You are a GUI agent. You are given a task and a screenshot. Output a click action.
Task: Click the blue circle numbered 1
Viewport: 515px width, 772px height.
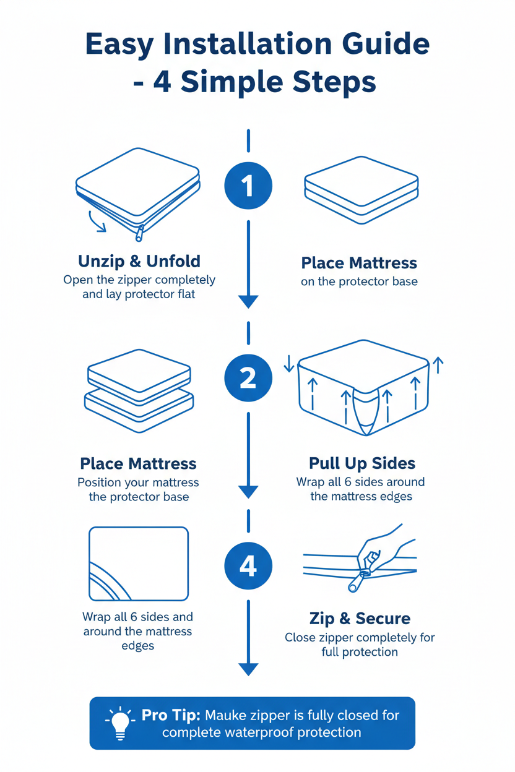[x=248, y=185]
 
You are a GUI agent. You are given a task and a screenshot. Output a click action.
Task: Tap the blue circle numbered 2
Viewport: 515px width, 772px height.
[x=248, y=377]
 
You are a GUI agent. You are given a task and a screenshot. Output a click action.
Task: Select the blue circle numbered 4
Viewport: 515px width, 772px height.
[x=248, y=566]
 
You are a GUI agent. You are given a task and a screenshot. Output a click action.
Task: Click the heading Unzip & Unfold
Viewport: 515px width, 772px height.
[x=139, y=260]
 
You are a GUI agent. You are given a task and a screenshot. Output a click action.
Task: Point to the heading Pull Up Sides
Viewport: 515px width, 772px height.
[x=362, y=463]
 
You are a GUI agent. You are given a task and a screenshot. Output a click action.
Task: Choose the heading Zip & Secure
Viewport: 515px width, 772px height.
[x=360, y=618]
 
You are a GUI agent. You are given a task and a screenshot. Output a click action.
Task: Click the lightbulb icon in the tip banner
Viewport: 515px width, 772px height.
[x=121, y=723]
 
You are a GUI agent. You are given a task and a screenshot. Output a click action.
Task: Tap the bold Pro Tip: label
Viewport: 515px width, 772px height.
[x=171, y=715]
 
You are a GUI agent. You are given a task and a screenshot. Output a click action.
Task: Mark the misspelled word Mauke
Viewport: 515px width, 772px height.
[x=227, y=716]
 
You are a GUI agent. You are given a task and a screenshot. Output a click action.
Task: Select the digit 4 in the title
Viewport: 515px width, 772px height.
[x=163, y=81]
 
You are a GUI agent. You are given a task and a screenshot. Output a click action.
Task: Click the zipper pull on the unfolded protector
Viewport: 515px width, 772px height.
[x=140, y=233]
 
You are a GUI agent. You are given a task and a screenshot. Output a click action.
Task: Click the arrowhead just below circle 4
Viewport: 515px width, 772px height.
[x=248, y=669]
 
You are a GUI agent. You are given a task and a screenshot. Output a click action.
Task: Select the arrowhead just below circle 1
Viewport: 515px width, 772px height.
[x=248, y=301]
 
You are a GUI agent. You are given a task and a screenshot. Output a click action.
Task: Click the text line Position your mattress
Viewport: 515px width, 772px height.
[x=138, y=482]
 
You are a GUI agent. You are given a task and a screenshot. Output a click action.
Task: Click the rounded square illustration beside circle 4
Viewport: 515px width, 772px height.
[x=139, y=564]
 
